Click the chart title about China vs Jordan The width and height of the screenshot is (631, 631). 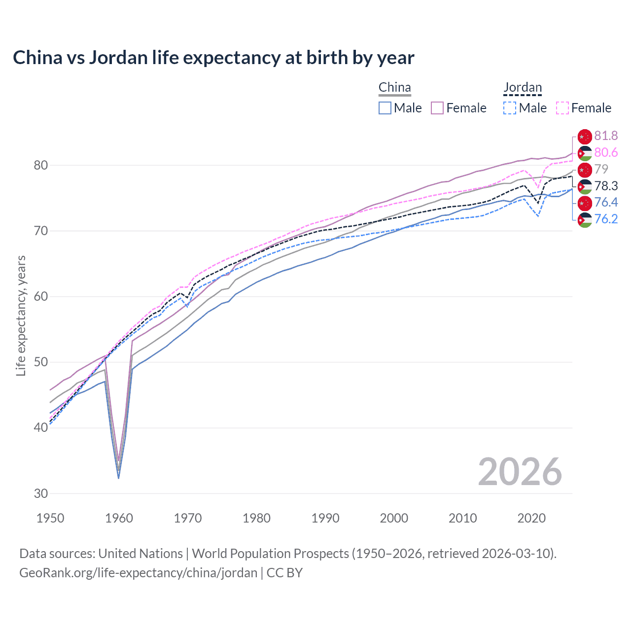pyautogui.click(x=213, y=58)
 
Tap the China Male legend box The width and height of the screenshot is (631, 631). pyautogui.click(x=385, y=108)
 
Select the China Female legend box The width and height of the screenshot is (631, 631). pyautogui.click(x=437, y=108)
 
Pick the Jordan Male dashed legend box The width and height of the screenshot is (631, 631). pyautogui.click(x=510, y=108)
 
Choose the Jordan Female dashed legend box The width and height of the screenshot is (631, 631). pyautogui.click(x=562, y=108)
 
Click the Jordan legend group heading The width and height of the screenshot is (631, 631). pyautogui.click(x=523, y=88)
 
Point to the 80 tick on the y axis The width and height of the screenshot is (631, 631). pyautogui.click(x=41, y=165)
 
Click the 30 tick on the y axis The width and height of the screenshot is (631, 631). pyautogui.click(x=41, y=493)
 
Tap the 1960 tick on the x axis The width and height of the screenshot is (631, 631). pyautogui.click(x=119, y=518)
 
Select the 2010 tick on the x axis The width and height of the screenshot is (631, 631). pyautogui.click(x=462, y=518)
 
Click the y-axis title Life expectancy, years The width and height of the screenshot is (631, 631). pyautogui.click(x=21, y=315)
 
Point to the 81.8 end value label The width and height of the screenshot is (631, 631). pyautogui.click(x=606, y=136)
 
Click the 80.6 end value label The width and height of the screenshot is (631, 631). pyautogui.click(x=606, y=153)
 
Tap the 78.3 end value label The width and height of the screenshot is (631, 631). pyautogui.click(x=606, y=186)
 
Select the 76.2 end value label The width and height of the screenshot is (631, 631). pyautogui.click(x=606, y=219)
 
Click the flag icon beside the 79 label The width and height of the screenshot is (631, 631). pyautogui.click(x=585, y=170)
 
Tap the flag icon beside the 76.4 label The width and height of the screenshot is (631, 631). pyautogui.click(x=585, y=203)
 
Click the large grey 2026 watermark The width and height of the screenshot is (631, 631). pyautogui.click(x=520, y=472)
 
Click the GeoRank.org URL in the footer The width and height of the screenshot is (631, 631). pyautogui.click(x=139, y=573)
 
